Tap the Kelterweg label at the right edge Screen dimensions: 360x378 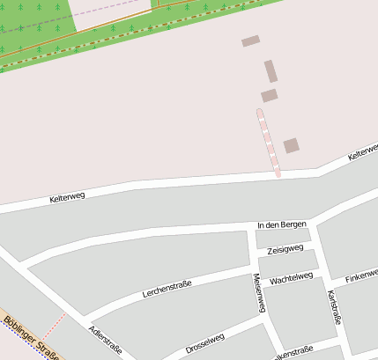[362, 151]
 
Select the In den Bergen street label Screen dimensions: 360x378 [281, 225]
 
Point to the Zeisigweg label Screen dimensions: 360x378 [285, 250]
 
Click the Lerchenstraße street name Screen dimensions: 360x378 [167, 288]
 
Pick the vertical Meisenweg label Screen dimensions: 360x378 [259, 293]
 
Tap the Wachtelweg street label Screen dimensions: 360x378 [292, 279]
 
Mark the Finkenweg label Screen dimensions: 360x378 [361, 276]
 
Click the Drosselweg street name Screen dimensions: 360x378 [205, 343]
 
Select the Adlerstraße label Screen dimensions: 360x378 [106, 340]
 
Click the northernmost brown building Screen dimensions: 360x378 [251, 40]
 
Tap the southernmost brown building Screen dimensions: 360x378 [291, 145]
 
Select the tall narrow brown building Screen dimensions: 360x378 [271, 71]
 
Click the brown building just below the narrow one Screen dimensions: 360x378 [270, 95]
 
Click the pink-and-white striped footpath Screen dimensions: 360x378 [268, 141]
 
